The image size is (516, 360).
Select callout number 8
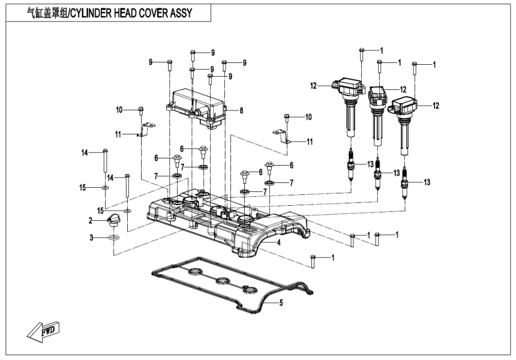[241, 110]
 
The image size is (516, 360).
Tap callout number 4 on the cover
[279, 242]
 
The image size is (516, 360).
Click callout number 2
[91, 221]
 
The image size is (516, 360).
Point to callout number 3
[91, 238]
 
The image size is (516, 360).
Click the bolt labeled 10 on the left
[140, 110]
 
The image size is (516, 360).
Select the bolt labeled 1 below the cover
[313, 260]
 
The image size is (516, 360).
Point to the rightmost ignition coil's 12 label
[436, 105]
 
